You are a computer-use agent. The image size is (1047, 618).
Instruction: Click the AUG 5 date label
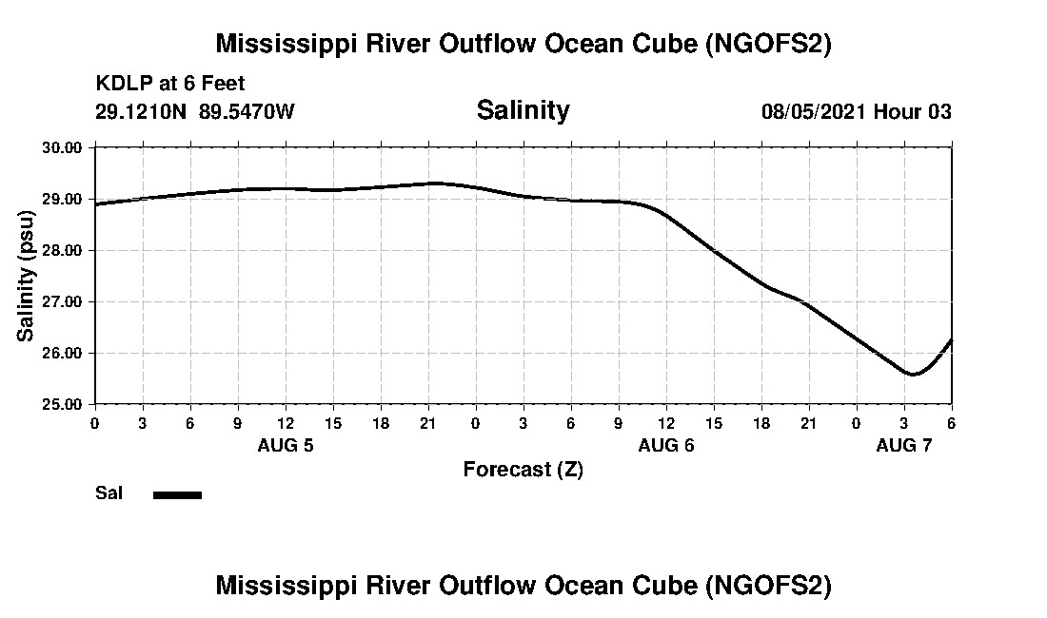click(x=286, y=445)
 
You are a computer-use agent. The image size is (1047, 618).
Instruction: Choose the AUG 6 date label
click(x=666, y=445)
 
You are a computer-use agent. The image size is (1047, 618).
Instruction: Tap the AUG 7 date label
click(x=904, y=445)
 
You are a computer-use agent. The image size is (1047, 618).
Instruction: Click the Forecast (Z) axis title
click(x=523, y=469)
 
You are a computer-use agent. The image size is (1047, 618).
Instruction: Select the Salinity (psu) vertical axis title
click(x=27, y=276)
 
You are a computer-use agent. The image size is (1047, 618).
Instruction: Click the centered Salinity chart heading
click(x=523, y=110)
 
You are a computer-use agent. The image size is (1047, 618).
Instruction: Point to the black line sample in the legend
click(x=177, y=494)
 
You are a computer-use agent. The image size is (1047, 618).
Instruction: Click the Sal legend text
click(x=108, y=493)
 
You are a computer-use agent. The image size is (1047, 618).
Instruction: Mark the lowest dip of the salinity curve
click(x=913, y=375)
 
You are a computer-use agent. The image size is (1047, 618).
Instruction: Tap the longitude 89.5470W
click(x=247, y=111)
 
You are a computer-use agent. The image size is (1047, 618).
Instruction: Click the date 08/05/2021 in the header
click(x=814, y=111)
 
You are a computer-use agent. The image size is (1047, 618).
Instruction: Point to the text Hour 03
click(x=913, y=111)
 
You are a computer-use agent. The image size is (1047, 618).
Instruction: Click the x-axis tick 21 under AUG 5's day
click(x=428, y=422)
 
